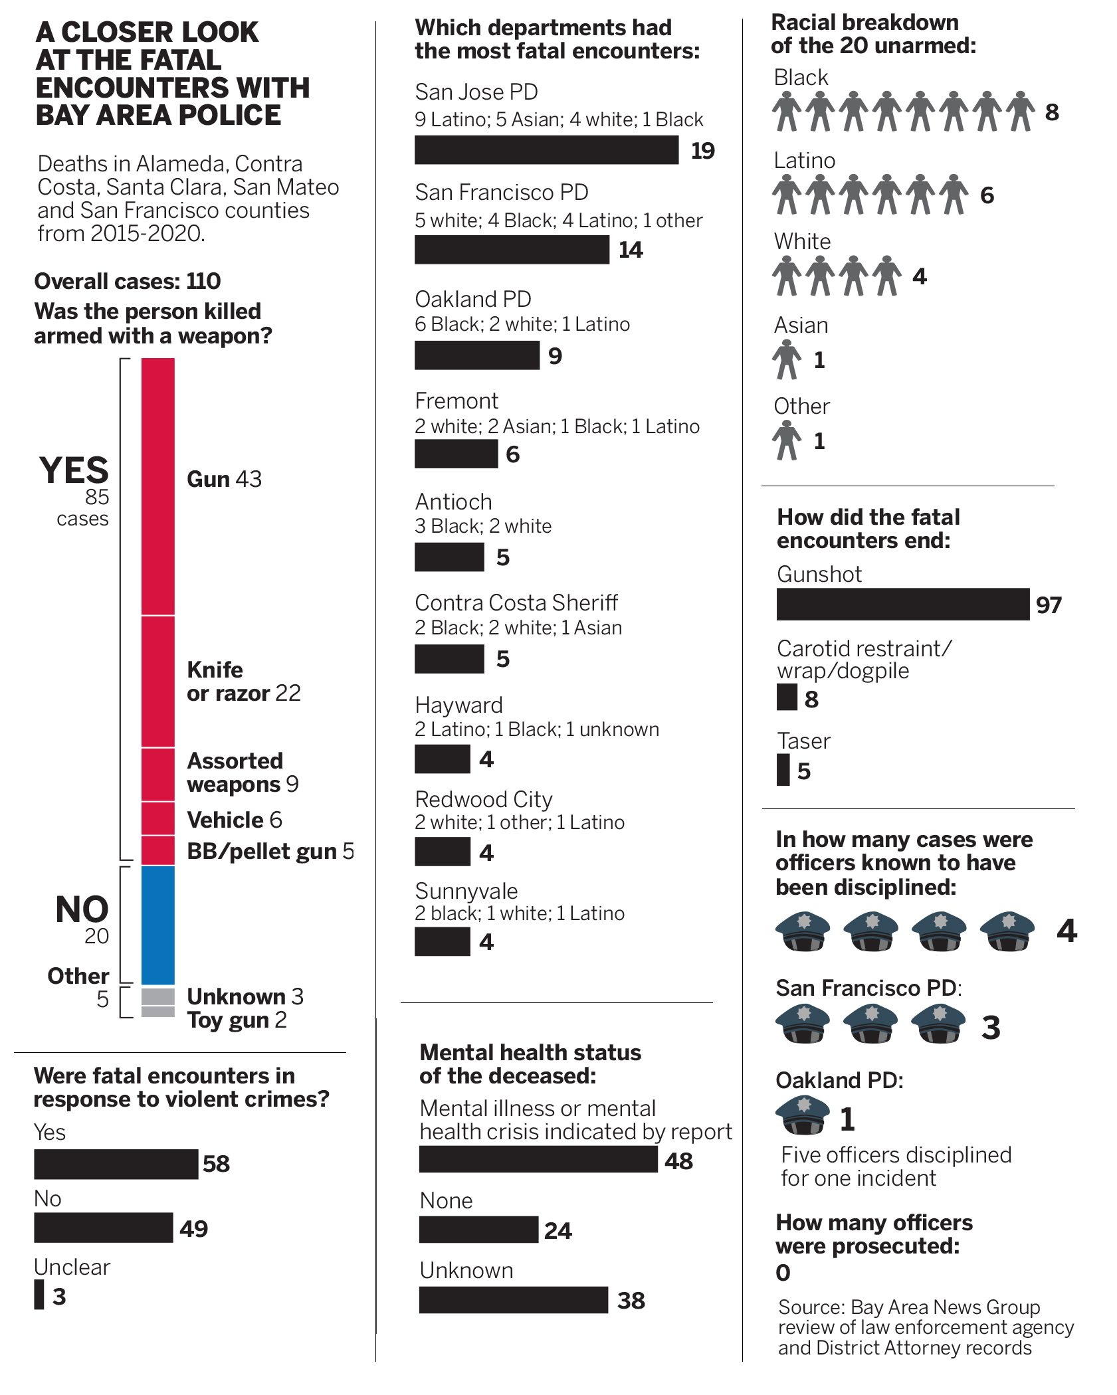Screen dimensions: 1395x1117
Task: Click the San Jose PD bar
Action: tap(546, 150)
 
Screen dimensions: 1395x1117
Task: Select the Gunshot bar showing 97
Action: tap(902, 604)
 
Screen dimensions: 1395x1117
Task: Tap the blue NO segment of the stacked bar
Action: tap(158, 925)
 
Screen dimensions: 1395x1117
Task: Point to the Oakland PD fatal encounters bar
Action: tap(476, 355)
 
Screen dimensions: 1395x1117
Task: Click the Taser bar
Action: tap(783, 770)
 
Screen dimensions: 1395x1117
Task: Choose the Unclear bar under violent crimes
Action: tap(39, 1295)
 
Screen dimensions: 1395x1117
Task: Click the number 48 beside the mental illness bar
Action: tap(678, 1161)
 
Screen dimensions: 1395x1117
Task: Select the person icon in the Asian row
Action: tap(787, 359)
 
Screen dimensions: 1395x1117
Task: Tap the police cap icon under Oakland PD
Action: tap(803, 1115)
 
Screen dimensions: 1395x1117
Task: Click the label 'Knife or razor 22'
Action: tap(243, 681)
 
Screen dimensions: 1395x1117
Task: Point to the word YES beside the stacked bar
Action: tap(74, 470)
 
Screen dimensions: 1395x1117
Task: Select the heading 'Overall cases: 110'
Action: tap(127, 281)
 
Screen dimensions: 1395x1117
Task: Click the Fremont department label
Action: tap(457, 401)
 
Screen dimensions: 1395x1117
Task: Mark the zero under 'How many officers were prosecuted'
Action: tap(783, 1273)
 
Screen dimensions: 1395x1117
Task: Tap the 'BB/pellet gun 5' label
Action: tap(270, 851)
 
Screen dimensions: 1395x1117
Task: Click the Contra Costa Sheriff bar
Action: tap(449, 659)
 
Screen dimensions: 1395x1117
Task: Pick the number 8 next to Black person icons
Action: tap(1052, 112)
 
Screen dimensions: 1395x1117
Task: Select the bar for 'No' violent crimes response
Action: tap(104, 1228)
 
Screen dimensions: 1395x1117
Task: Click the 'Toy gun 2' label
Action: tap(237, 1020)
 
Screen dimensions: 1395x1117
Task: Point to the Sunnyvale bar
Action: tap(443, 941)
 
